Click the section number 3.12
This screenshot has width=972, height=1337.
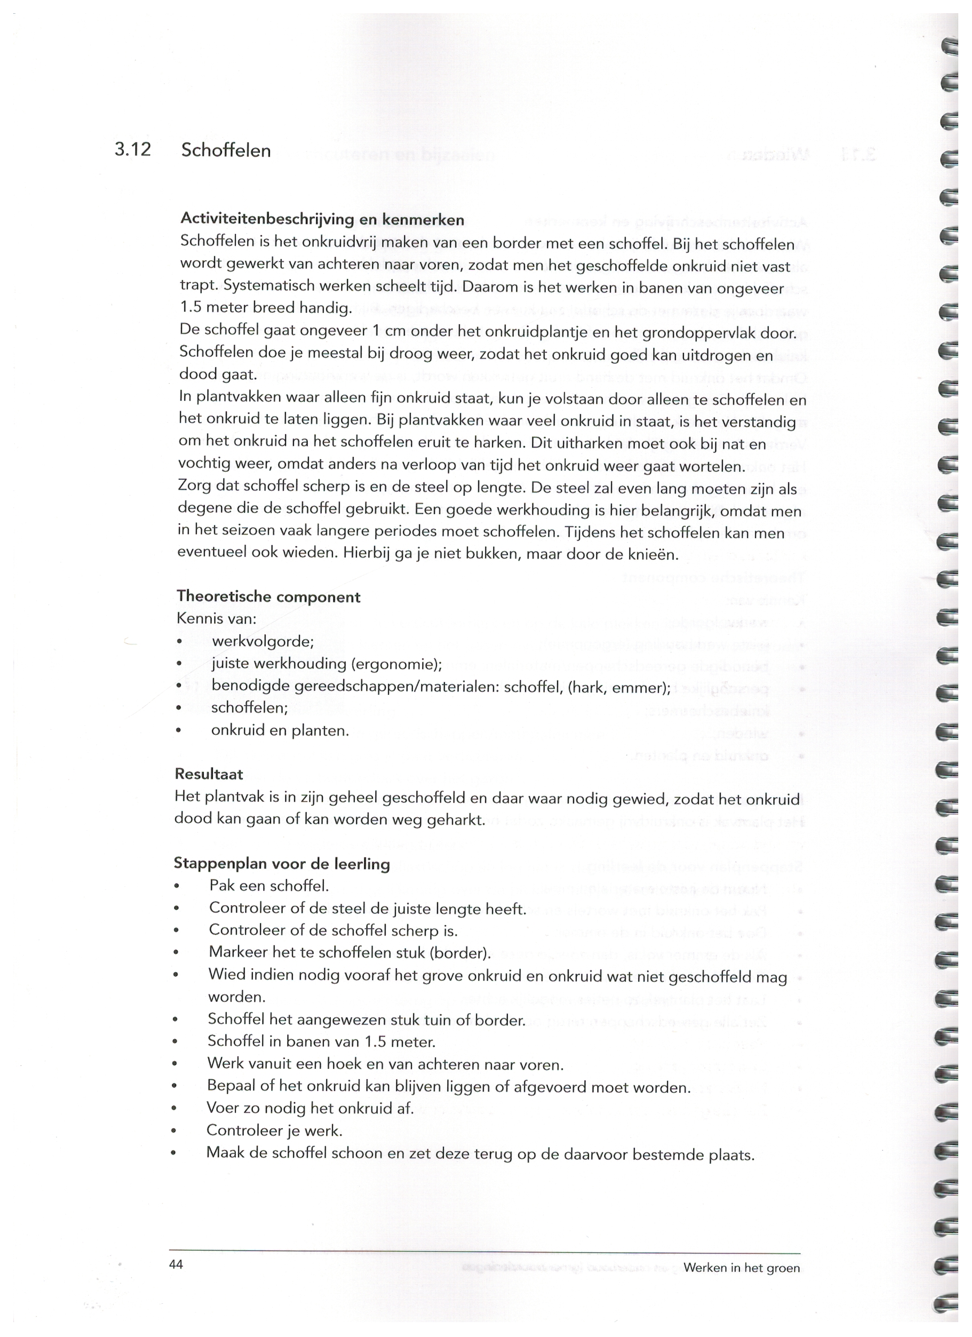(133, 150)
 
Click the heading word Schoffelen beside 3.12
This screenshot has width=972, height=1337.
(226, 150)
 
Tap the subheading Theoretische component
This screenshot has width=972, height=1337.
(268, 596)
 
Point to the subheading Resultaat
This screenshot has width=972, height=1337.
(209, 774)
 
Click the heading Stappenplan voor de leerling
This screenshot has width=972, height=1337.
(282, 864)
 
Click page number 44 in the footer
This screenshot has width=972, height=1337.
(176, 1264)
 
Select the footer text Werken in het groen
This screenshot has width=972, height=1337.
(742, 1268)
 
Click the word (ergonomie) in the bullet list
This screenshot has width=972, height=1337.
(396, 664)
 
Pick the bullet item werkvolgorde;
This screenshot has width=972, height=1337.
(263, 642)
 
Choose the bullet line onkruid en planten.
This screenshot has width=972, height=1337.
(280, 731)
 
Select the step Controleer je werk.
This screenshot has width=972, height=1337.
(274, 1131)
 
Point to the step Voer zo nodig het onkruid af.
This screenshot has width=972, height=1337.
(310, 1108)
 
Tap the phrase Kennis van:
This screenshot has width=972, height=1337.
(216, 619)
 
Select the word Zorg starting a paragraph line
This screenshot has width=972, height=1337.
(194, 489)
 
